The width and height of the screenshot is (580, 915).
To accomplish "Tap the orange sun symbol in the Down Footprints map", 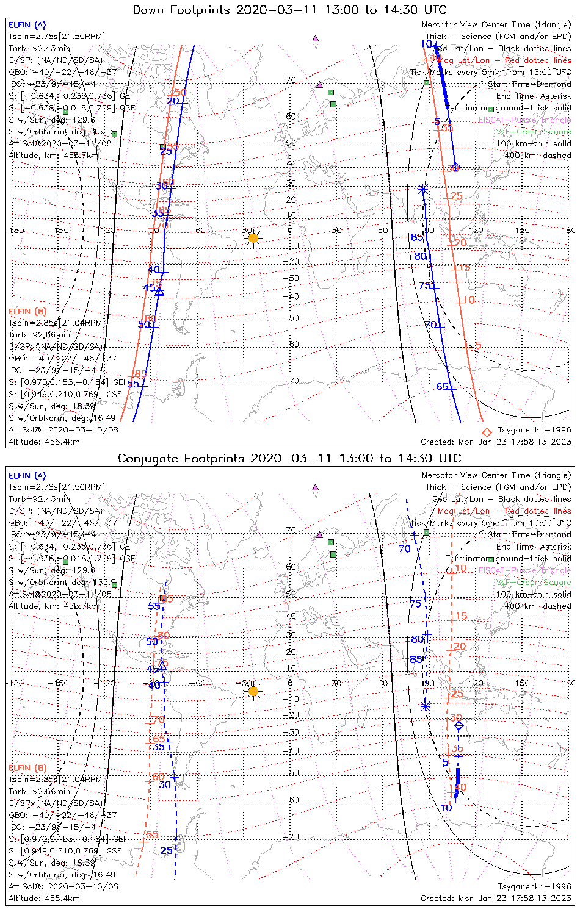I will click(x=253, y=238).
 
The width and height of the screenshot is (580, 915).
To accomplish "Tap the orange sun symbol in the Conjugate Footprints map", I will click(x=253, y=691).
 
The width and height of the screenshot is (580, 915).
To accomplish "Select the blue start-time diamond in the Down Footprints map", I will click(x=455, y=167).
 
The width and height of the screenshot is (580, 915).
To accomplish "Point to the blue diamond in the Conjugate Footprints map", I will click(x=459, y=725).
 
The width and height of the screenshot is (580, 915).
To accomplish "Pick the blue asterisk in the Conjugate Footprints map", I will click(x=426, y=706).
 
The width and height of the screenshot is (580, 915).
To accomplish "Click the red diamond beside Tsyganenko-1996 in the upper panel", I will click(x=487, y=432).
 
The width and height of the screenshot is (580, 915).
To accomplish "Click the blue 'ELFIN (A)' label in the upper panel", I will click(x=27, y=25).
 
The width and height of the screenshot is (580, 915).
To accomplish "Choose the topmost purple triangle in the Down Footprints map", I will click(x=316, y=38).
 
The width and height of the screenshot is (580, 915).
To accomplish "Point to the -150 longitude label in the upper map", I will click(x=62, y=231).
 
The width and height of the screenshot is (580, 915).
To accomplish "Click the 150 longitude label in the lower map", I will click(x=522, y=683).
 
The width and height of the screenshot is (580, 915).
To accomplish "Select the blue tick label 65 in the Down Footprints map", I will click(x=443, y=387).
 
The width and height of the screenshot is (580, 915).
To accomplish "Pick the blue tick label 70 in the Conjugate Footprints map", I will click(x=405, y=549).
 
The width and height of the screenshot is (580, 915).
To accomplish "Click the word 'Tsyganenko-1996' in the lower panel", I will click(x=534, y=886).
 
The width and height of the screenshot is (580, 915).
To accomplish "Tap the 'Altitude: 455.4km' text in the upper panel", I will click(x=44, y=442).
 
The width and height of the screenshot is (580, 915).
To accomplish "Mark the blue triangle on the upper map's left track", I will click(x=159, y=292).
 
